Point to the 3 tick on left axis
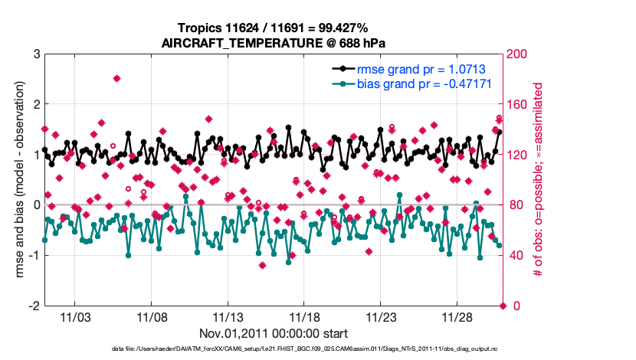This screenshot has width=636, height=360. [36, 54]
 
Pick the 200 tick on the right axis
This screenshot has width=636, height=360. [518, 54]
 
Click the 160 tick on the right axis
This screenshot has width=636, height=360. [518, 105]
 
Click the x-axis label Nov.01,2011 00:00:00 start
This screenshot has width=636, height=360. [274, 333]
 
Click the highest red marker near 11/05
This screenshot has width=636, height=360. [116, 78]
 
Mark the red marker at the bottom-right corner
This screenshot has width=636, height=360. [503, 306]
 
